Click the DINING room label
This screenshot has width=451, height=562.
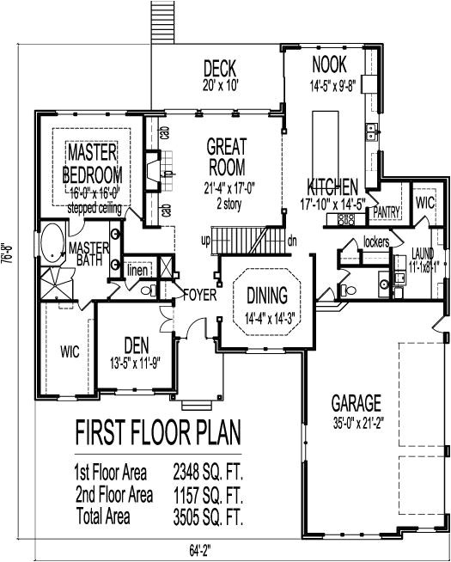[x=268, y=296]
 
